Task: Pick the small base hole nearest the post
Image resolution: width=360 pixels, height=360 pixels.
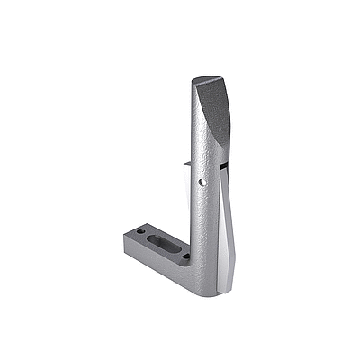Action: tap(184, 255)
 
